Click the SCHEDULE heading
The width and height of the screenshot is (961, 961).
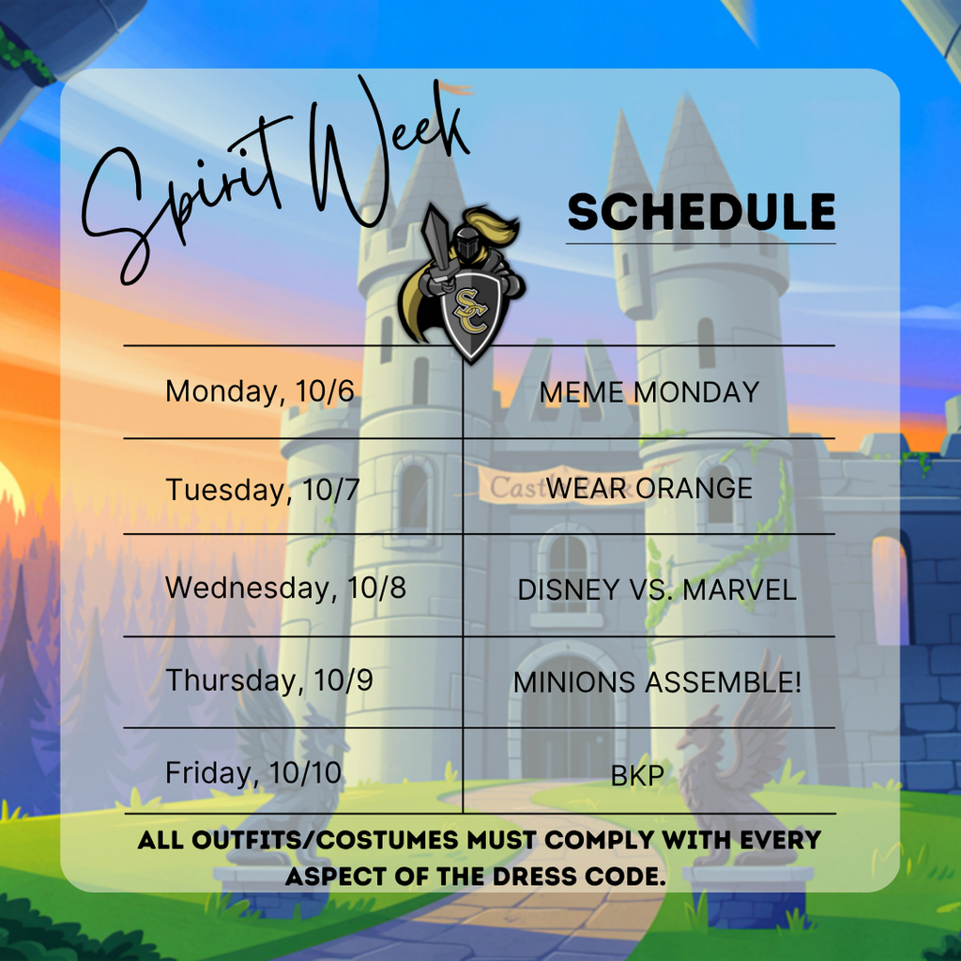click(701, 213)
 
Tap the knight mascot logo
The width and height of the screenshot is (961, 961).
click(461, 282)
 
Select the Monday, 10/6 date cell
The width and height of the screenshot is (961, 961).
click(260, 390)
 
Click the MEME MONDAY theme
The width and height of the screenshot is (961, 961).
click(648, 392)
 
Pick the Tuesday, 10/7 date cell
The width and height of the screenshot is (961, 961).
click(263, 489)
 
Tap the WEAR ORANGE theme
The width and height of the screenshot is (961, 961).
click(648, 488)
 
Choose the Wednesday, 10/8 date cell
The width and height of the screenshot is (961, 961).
click(285, 588)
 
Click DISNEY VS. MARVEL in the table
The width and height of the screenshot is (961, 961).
click(656, 589)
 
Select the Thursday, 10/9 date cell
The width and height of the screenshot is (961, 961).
click(268, 680)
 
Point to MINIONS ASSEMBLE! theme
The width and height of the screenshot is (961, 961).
click(657, 682)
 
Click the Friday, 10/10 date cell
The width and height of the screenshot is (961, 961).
click(253, 773)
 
